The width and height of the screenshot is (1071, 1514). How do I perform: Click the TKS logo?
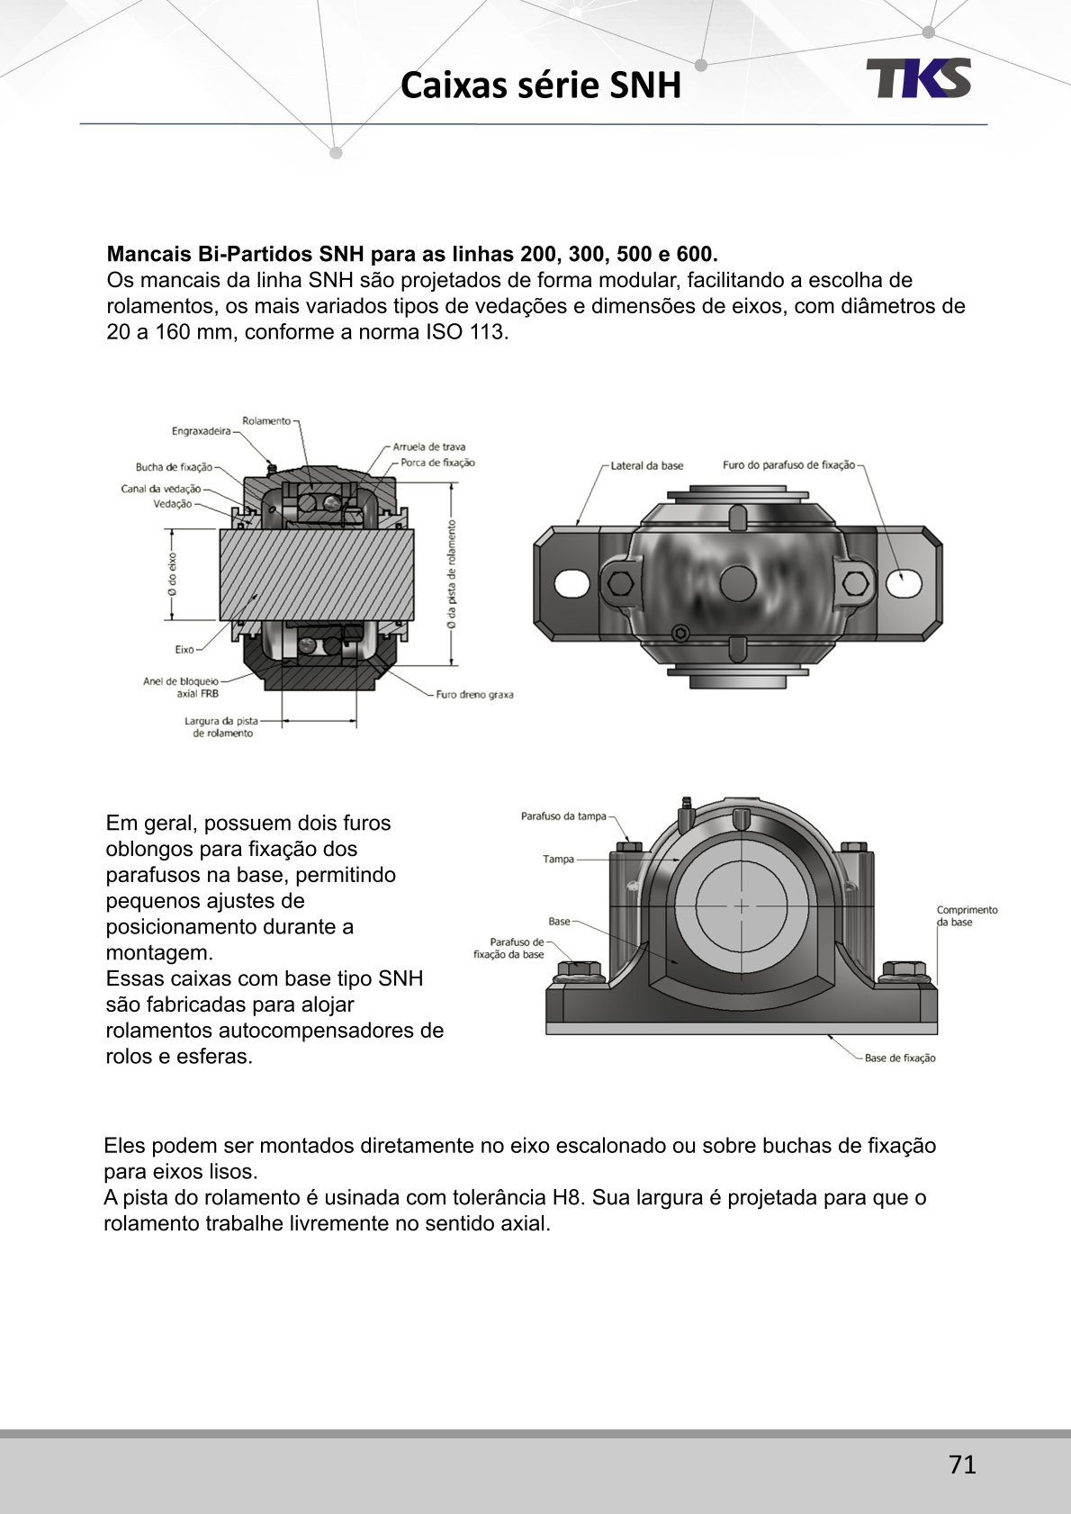tap(918, 78)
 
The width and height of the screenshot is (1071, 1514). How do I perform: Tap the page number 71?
tap(962, 1464)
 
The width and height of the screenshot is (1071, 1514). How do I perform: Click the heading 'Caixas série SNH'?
tap(540, 86)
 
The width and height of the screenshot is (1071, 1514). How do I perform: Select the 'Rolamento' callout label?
tap(266, 420)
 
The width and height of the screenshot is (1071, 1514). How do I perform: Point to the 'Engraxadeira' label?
tap(202, 431)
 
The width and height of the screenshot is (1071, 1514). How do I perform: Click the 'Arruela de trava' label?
tap(429, 446)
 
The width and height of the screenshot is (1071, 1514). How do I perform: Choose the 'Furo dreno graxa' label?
tap(474, 695)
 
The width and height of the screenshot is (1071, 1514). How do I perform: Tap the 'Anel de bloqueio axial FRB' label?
tap(181, 688)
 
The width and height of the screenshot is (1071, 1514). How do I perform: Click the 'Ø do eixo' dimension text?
tap(172, 573)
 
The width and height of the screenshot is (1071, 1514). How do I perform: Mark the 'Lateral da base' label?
tap(646, 466)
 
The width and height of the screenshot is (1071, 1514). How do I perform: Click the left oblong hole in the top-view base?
tap(571, 583)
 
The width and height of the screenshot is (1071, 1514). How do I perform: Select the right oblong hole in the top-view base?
tap(904, 583)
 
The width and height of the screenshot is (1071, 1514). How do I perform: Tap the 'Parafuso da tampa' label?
tap(563, 816)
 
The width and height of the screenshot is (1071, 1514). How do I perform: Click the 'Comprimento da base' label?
tap(967, 916)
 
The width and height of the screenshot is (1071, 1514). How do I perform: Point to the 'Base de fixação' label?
tap(900, 1059)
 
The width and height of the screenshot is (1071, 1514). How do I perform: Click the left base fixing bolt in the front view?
tap(578, 972)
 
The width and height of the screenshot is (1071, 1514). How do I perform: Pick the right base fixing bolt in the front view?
tap(904, 972)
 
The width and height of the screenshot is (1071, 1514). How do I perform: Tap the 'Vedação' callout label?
tap(173, 504)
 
